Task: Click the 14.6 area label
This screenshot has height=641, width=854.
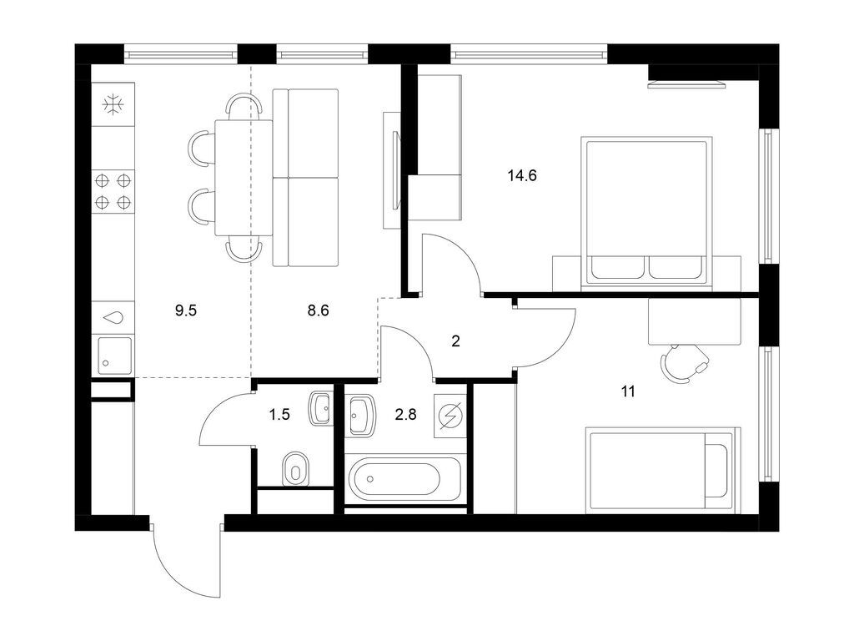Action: (x=522, y=175)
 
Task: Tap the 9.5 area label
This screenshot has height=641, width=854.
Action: (x=186, y=310)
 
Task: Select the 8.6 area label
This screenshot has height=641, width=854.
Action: (x=318, y=310)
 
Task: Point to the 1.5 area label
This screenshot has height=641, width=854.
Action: (x=279, y=415)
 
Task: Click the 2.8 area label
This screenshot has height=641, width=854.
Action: (x=406, y=415)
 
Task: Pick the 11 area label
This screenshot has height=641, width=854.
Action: (x=628, y=391)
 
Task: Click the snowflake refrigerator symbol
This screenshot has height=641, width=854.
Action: (x=113, y=104)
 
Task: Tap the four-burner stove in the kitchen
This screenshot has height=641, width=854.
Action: (x=113, y=191)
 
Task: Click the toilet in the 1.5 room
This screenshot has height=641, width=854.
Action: (x=296, y=467)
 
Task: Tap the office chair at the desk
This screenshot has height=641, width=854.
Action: (x=685, y=364)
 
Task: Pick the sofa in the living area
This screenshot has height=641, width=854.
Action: (x=305, y=179)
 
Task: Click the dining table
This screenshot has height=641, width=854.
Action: (x=244, y=179)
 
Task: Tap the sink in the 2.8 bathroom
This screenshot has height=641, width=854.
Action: (x=359, y=416)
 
